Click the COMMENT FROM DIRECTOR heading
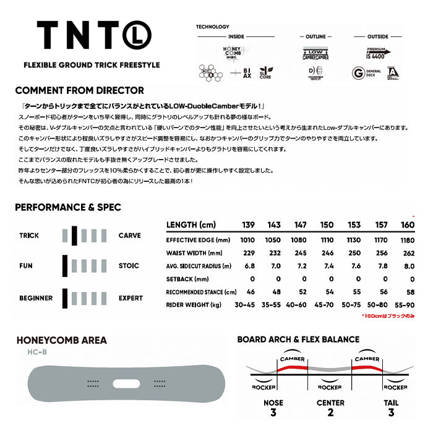(79, 90)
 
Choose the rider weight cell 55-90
(406, 304)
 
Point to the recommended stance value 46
(251, 291)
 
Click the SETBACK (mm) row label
(188, 279)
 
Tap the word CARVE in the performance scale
(129, 236)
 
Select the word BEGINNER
(36, 298)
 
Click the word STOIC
(129, 266)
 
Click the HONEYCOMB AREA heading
(61, 340)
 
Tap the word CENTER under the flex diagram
(330, 403)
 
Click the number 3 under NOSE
(273, 413)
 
